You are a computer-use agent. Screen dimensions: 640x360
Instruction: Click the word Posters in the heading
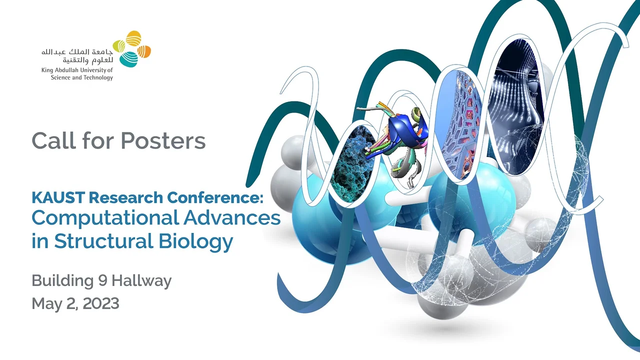[163, 140]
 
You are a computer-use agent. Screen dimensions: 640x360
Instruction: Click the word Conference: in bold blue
[215, 197]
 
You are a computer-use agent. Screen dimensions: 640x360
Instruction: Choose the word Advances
[231, 218]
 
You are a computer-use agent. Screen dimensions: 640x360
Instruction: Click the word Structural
[103, 241]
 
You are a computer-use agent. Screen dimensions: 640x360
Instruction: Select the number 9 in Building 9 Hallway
[102, 280]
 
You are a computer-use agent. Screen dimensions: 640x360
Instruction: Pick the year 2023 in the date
[101, 303]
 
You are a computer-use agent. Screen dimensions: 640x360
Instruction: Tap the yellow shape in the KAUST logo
[133, 38]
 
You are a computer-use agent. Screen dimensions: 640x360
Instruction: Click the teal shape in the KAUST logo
[128, 59]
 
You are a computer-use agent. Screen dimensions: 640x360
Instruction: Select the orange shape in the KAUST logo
[144, 52]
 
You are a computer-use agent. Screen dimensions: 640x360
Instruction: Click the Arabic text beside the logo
[77, 56]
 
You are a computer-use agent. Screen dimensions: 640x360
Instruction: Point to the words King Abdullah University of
[77, 70]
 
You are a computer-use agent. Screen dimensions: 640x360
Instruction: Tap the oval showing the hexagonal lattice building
[460, 124]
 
